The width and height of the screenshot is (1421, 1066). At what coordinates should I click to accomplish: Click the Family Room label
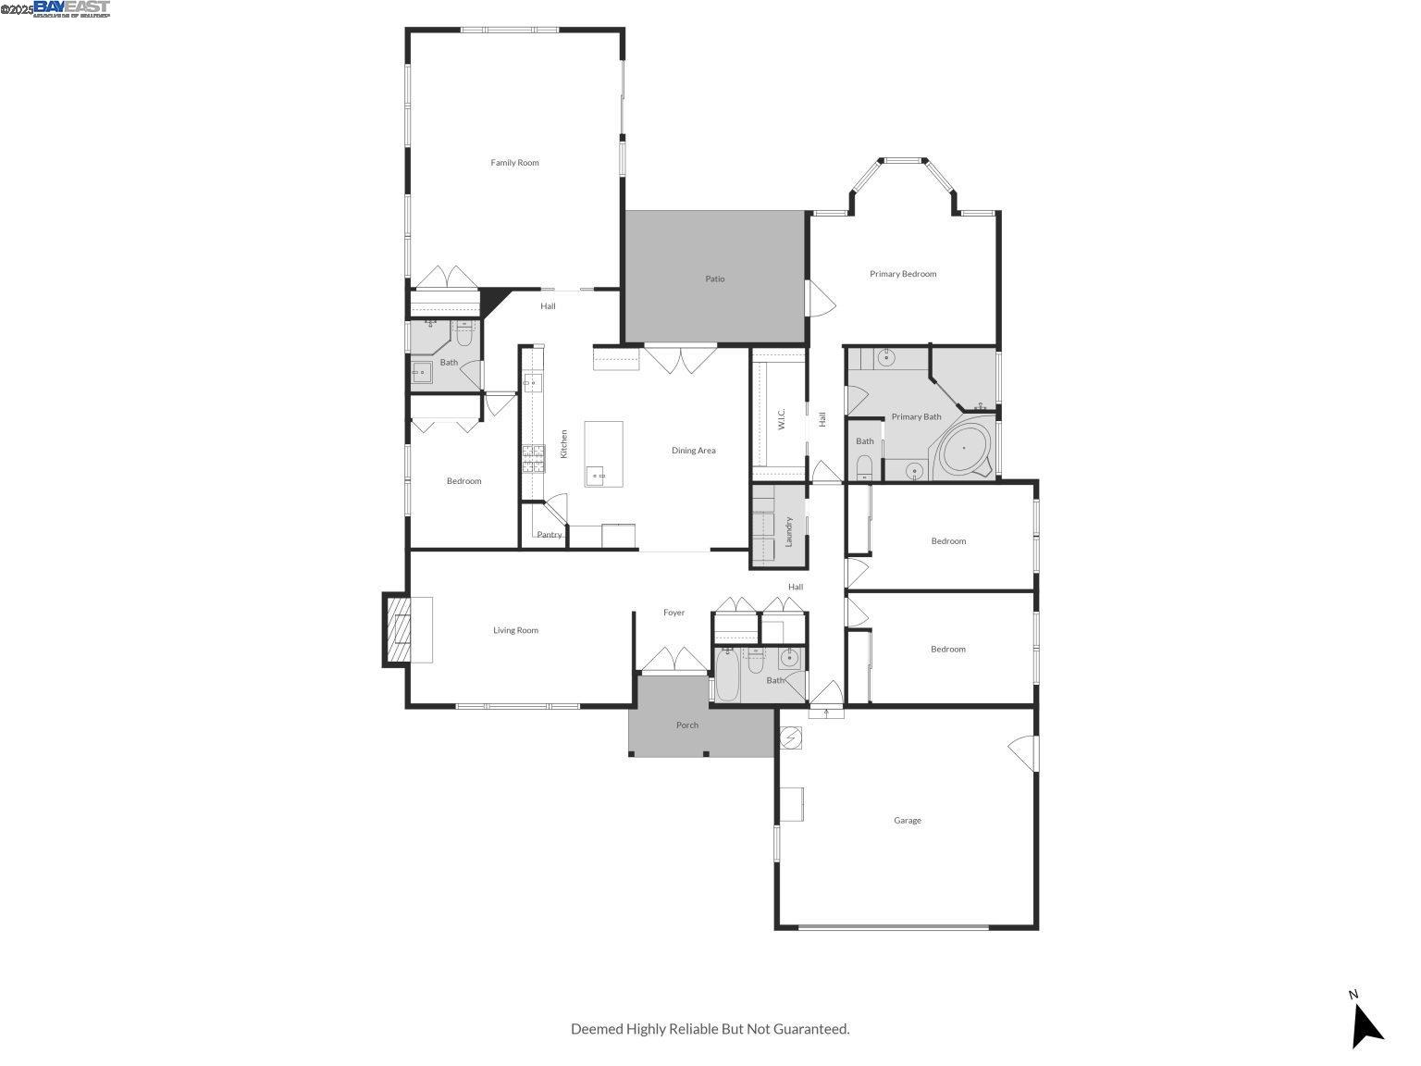(x=514, y=163)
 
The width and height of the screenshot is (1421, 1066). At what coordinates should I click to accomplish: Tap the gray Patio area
(x=714, y=279)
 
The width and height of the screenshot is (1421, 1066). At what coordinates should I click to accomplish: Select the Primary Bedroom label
(x=902, y=274)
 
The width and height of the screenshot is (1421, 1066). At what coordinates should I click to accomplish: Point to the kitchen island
(x=603, y=452)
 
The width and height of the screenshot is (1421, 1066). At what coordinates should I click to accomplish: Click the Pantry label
(x=549, y=535)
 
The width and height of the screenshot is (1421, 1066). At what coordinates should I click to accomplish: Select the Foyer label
(x=673, y=613)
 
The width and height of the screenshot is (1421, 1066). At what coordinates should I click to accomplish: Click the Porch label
(x=686, y=725)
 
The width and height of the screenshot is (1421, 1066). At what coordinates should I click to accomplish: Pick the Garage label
(x=907, y=821)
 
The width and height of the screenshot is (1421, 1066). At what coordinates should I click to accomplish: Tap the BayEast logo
(x=71, y=8)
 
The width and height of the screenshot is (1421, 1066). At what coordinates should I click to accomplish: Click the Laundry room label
(x=789, y=531)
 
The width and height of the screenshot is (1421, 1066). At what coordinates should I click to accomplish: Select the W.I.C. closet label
(x=782, y=420)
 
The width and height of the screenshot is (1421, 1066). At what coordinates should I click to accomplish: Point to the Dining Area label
(x=693, y=451)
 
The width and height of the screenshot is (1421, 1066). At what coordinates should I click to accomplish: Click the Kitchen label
(x=563, y=444)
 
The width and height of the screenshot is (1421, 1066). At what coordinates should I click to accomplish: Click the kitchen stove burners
(x=534, y=458)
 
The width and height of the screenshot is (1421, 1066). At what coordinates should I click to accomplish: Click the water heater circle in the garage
(x=791, y=738)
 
